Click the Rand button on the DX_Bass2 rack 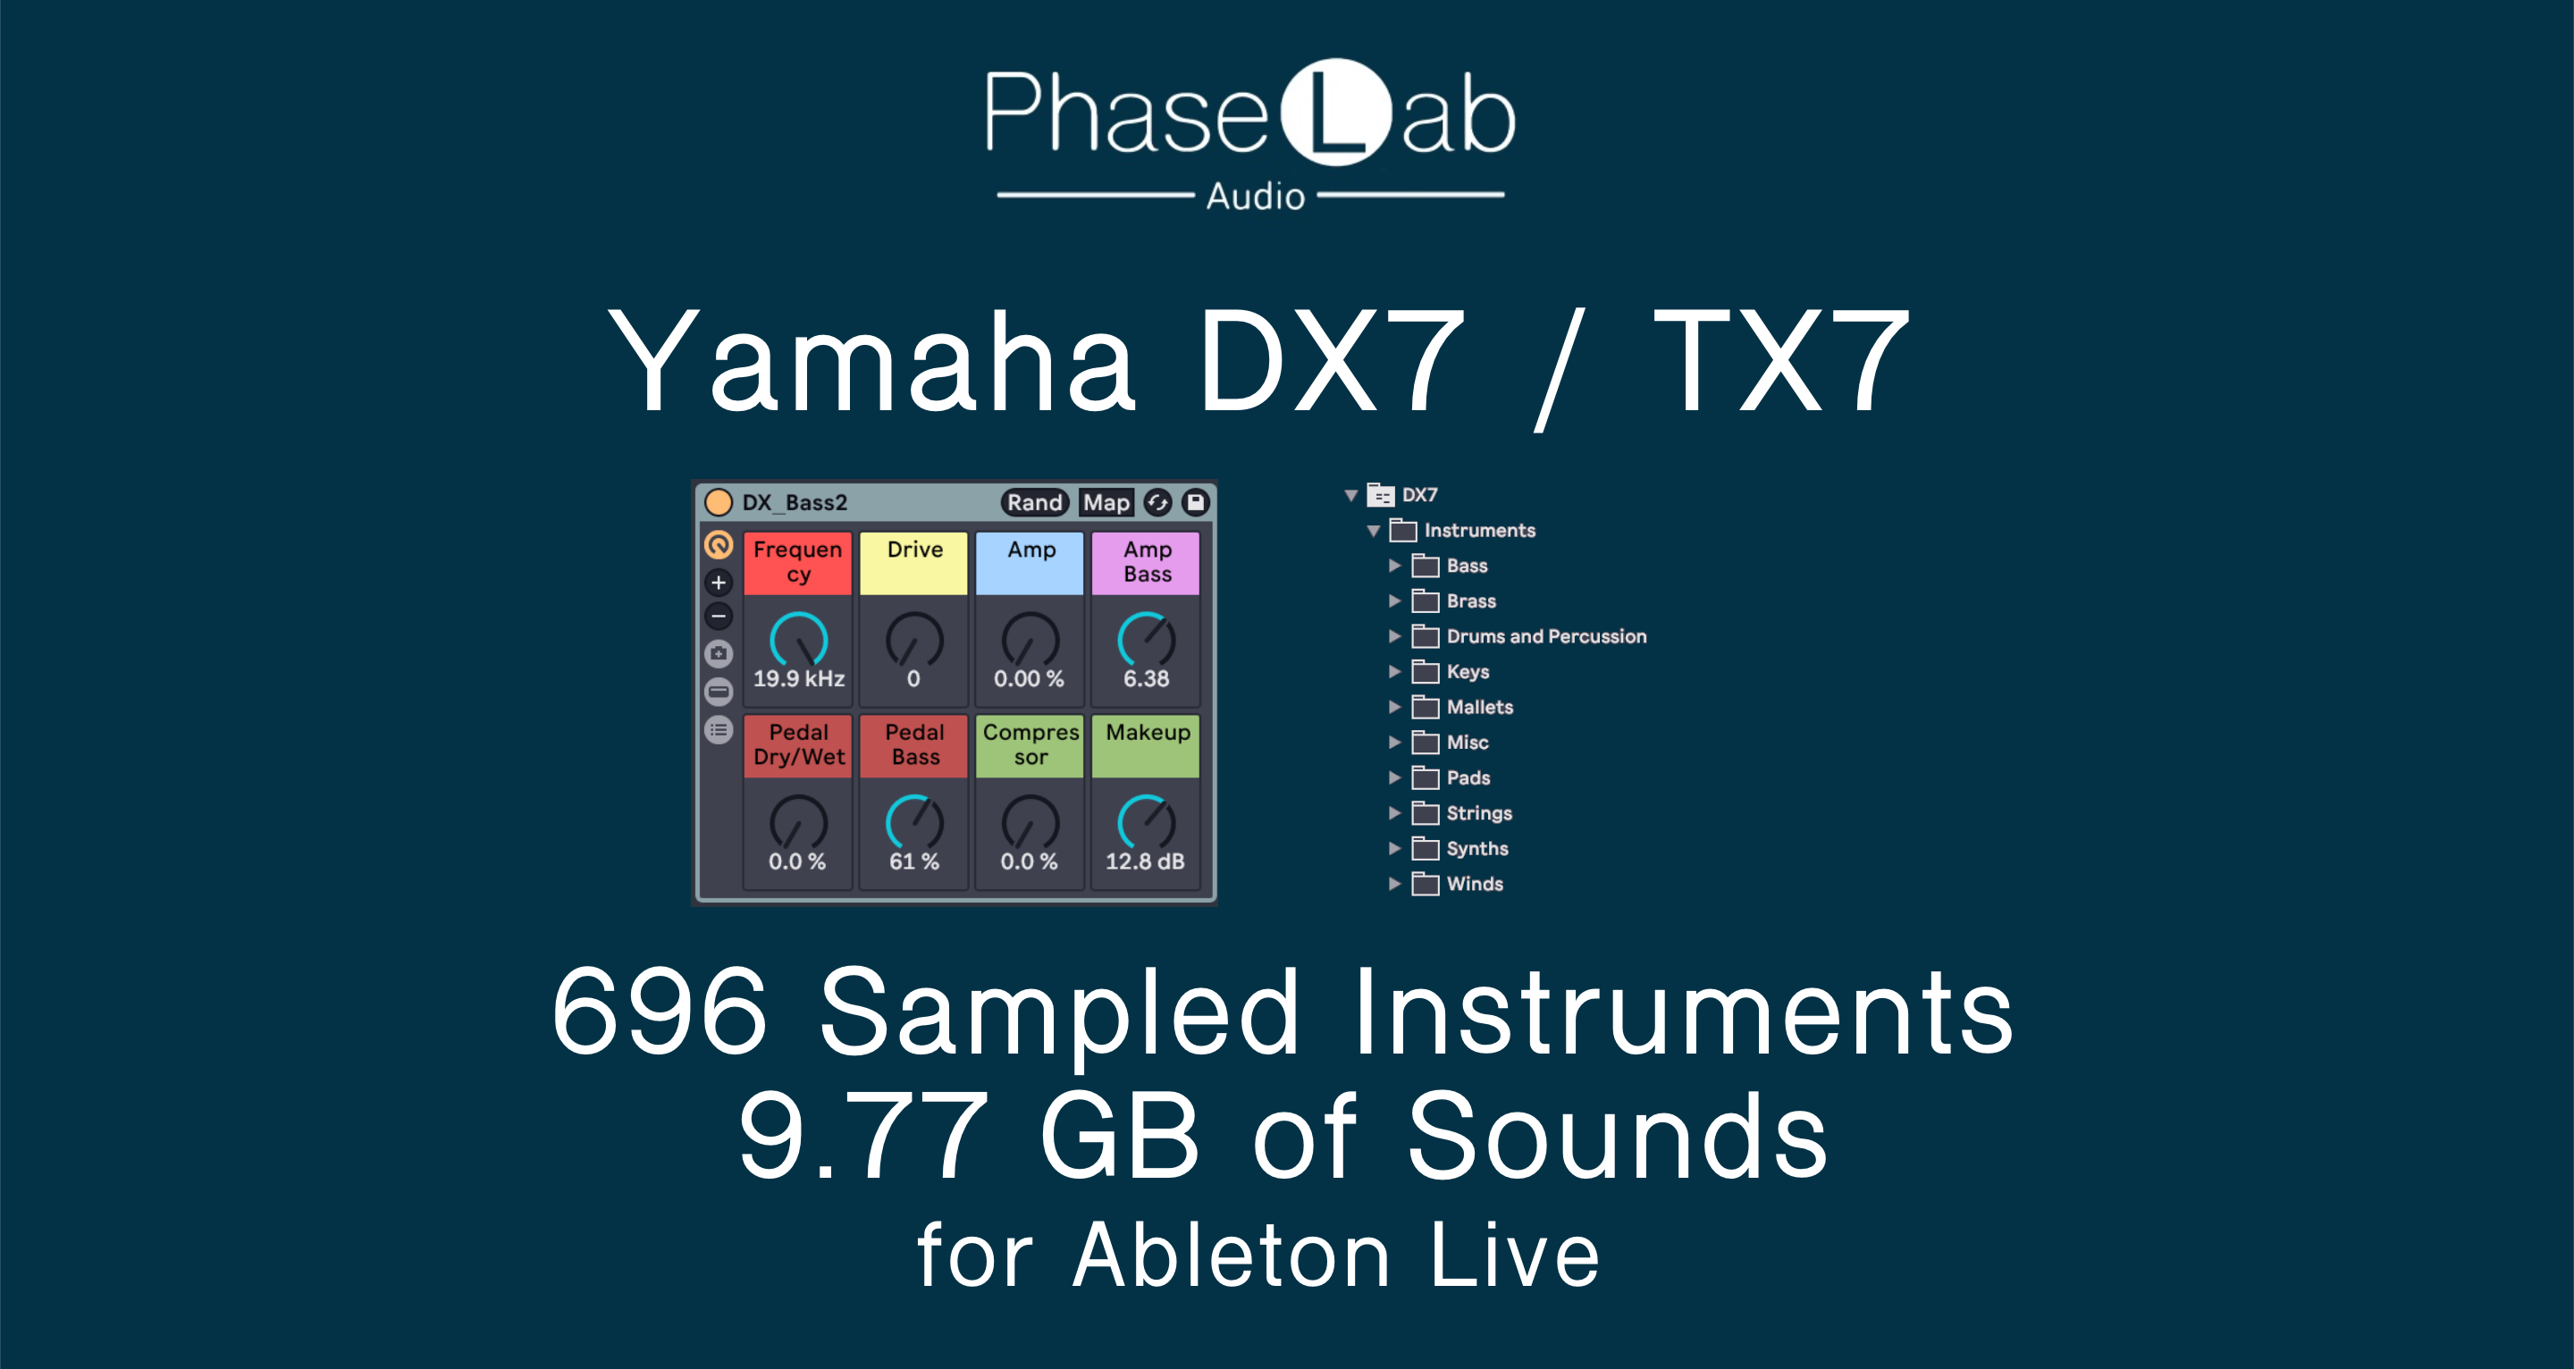pos(1034,502)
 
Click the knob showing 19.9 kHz pos(798,641)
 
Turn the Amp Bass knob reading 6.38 pos(1146,641)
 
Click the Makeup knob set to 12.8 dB pos(1146,823)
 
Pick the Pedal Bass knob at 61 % pos(914,823)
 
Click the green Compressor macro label pos(1030,745)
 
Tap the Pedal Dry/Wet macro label pos(797,745)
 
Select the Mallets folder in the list pos(1479,708)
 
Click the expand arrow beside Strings pos(1395,813)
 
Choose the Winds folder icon pos(1426,885)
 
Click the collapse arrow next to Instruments pos(1374,531)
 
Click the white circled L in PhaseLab pos(1335,112)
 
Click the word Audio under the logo pos(1255,196)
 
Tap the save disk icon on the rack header pos(1195,502)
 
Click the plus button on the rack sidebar pos(719,583)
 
